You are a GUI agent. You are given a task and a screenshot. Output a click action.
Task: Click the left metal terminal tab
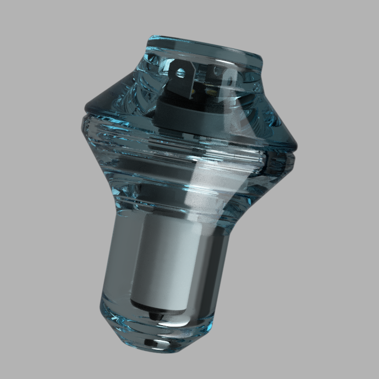click(180, 74)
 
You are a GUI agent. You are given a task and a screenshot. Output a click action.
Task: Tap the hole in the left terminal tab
click(180, 71)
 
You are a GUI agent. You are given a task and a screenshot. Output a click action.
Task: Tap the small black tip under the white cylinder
click(153, 315)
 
